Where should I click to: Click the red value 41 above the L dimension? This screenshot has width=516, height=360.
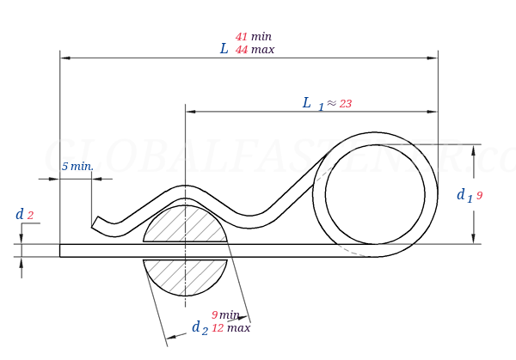coord(241,37)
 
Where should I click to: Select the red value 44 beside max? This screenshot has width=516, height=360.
coord(241,50)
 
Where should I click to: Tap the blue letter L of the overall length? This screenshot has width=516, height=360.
coord(224,49)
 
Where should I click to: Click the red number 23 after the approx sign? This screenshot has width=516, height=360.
coord(345,104)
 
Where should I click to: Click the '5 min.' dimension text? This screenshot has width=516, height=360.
coord(77,166)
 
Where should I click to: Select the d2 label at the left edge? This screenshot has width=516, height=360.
coord(24,215)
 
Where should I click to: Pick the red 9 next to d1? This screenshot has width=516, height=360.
coord(479,196)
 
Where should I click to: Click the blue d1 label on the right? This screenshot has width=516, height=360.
coord(464,196)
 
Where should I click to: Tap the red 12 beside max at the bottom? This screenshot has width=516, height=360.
coord(218,327)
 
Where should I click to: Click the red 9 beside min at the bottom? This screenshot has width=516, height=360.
coord(214,315)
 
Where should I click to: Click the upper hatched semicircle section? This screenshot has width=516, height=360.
coord(185,226)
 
